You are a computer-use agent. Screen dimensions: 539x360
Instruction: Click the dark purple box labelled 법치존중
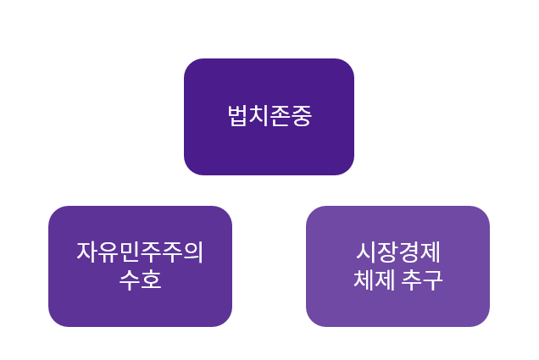(269, 117)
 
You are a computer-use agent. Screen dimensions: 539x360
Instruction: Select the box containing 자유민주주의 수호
(140, 266)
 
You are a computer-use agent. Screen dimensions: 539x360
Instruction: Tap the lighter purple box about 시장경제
(397, 266)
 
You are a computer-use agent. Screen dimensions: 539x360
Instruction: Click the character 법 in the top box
(238, 116)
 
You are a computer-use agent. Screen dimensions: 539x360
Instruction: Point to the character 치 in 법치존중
(258, 116)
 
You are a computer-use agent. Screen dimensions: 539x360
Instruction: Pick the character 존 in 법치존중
(280, 116)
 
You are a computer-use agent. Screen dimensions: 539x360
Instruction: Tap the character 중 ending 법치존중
(301, 116)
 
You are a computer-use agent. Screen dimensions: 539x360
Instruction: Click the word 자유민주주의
(140, 252)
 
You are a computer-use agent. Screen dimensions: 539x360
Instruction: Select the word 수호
(140, 280)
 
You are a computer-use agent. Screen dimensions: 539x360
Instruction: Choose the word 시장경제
(398, 252)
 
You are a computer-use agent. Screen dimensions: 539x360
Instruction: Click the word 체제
(374, 280)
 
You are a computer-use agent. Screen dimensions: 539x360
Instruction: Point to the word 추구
(422, 280)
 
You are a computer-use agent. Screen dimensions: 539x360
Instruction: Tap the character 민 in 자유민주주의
(130, 252)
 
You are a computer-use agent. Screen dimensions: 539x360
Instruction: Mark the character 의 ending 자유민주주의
(193, 252)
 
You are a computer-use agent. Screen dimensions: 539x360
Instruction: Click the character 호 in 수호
(151, 280)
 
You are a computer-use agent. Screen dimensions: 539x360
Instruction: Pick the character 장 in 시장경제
(388, 252)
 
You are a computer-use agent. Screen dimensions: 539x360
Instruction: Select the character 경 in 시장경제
(409, 252)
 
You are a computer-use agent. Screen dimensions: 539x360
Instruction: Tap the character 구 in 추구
(432, 280)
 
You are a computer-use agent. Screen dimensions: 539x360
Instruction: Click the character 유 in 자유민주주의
(108, 252)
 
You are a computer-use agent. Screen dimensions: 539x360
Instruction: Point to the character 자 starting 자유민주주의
(87, 252)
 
